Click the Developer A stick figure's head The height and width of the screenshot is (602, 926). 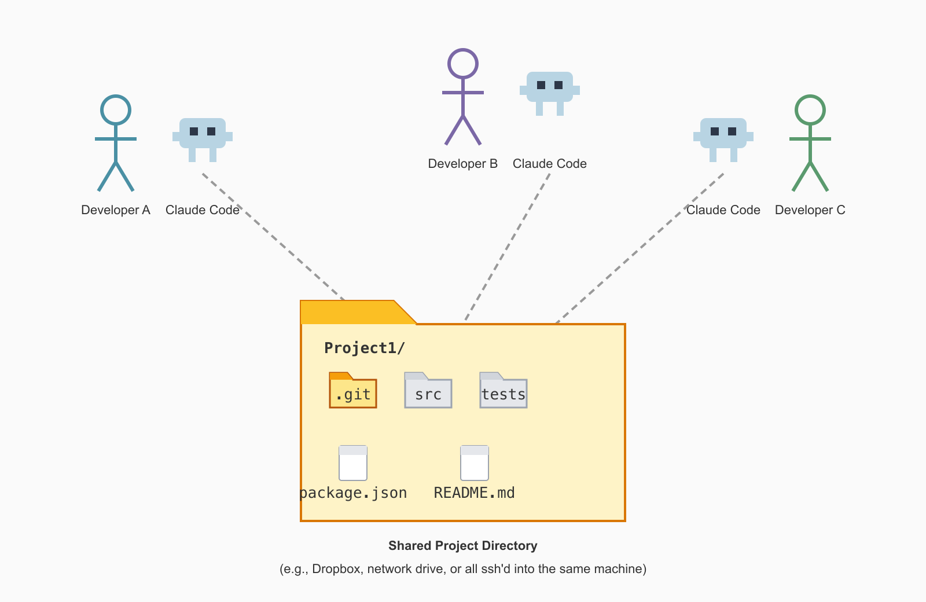(x=116, y=110)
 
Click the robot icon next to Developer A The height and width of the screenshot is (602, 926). (x=203, y=137)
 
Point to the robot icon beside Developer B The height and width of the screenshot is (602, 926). (x=550, y=90)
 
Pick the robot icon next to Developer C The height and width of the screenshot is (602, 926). (x=723, y=137)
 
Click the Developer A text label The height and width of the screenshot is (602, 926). (x=116, y=210)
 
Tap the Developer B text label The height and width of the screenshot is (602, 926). (x=463, y=164)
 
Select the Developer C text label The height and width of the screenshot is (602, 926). (x=810, y=210)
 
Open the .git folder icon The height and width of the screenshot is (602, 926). (x=353, y=391)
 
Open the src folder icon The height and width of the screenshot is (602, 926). (x=428, y=391)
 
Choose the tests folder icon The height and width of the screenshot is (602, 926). (x=504, y=391)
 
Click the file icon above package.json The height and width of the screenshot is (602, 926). (x=353, y=463)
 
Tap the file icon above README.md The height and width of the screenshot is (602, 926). (x=475, y=463)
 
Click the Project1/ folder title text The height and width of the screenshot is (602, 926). (x=365, y=348)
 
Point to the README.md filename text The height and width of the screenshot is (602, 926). (x=475, y=493)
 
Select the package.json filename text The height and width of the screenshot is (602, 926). (x=354, y=493)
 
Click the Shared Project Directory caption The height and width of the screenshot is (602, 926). (x=463, y=546)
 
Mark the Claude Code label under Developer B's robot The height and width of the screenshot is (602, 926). (x=550, y=164)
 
